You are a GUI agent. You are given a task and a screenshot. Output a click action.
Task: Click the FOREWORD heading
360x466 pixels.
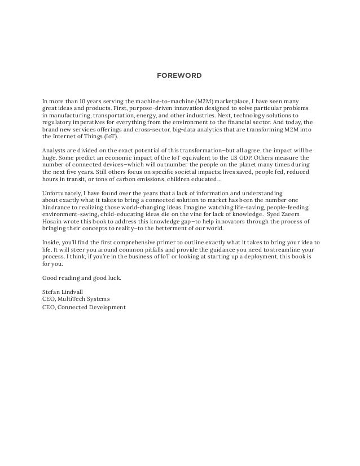(179, 74)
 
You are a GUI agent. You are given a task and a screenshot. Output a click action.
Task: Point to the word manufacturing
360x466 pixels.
(68, 115)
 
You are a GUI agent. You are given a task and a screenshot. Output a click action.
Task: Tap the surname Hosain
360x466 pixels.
(54, 222)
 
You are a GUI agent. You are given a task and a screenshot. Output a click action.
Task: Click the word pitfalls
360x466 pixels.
(139, 249)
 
